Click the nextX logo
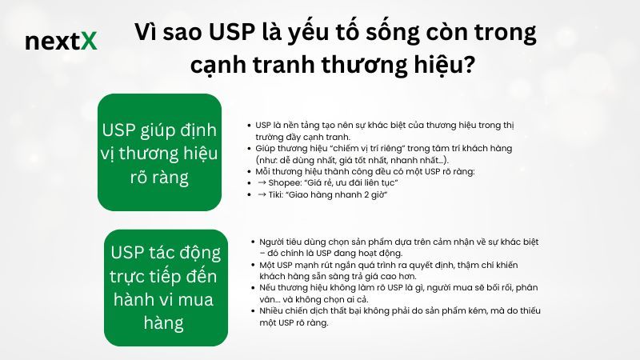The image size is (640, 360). [61, 42]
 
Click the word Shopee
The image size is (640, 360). [286, 182]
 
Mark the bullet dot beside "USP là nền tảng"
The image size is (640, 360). [250, 126]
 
